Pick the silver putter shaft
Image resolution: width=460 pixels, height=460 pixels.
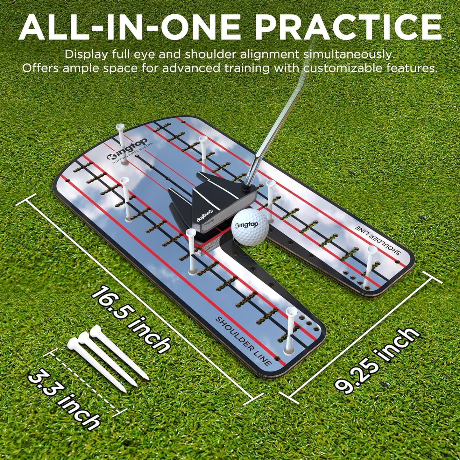[x=271, y=127]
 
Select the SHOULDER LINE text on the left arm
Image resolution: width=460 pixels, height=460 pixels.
[x=243, y=341]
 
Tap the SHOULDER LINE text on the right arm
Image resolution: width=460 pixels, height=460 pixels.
[x=377, y=241]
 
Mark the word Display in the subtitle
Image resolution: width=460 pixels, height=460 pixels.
[x=86, y=54]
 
